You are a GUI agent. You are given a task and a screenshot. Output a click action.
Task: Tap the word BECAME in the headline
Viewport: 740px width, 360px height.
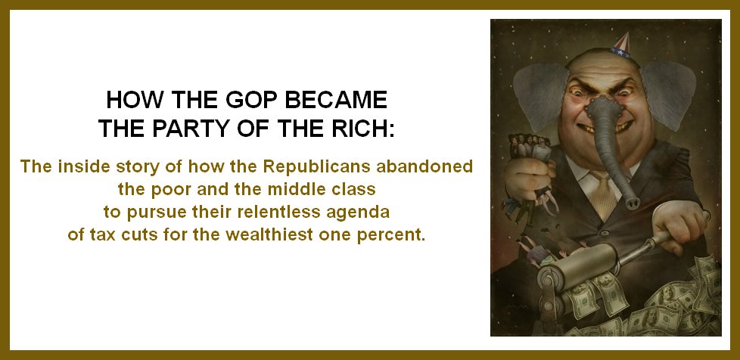[x=334, y=101]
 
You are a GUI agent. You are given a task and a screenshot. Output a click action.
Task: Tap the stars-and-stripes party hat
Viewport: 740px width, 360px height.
[x=621, y=45]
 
